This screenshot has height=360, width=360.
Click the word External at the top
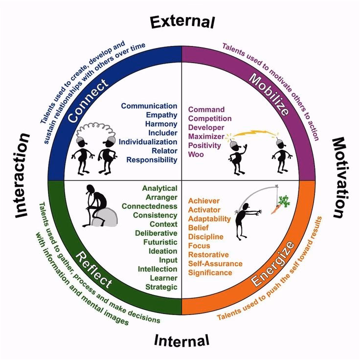tap(182, 22)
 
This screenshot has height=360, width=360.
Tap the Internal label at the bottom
tap(181, 339)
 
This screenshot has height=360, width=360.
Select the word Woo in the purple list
tap(196, 155)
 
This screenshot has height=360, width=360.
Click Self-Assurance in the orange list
tap(215, 264)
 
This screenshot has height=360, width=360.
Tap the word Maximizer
tap(206, 136)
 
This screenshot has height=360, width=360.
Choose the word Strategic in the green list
tap(161, 287)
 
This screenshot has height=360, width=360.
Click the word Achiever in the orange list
tap(204, 201)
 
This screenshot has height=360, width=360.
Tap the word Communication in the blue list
tap(149, 106)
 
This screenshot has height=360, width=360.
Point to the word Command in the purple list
tap(206, 110)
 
